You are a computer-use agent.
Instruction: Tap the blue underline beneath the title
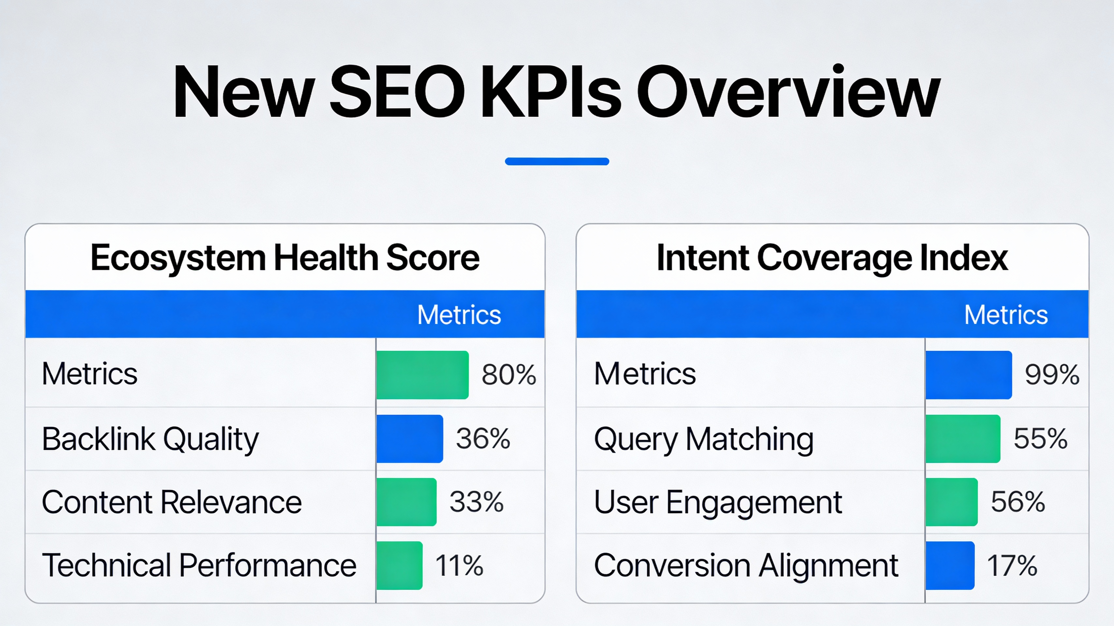pos(557,161)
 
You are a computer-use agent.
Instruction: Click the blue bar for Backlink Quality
pos(410,439)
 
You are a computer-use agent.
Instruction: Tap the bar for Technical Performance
pos(399,565)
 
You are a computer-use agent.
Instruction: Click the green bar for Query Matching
pos(963,439)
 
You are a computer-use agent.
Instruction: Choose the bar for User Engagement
pos(951,502)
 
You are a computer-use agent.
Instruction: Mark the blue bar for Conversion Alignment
pos(950,565)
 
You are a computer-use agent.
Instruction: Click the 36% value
pos(483,439)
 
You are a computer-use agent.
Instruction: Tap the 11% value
pos(459,565)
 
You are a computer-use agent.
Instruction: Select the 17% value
pos(1012,565)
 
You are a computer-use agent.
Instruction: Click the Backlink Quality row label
pos(150,439)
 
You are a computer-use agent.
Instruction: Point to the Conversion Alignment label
pos(746,565)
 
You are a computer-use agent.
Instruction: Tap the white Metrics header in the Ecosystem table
pos(459,314)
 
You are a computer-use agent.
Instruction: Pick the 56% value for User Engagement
pos(1017,502)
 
